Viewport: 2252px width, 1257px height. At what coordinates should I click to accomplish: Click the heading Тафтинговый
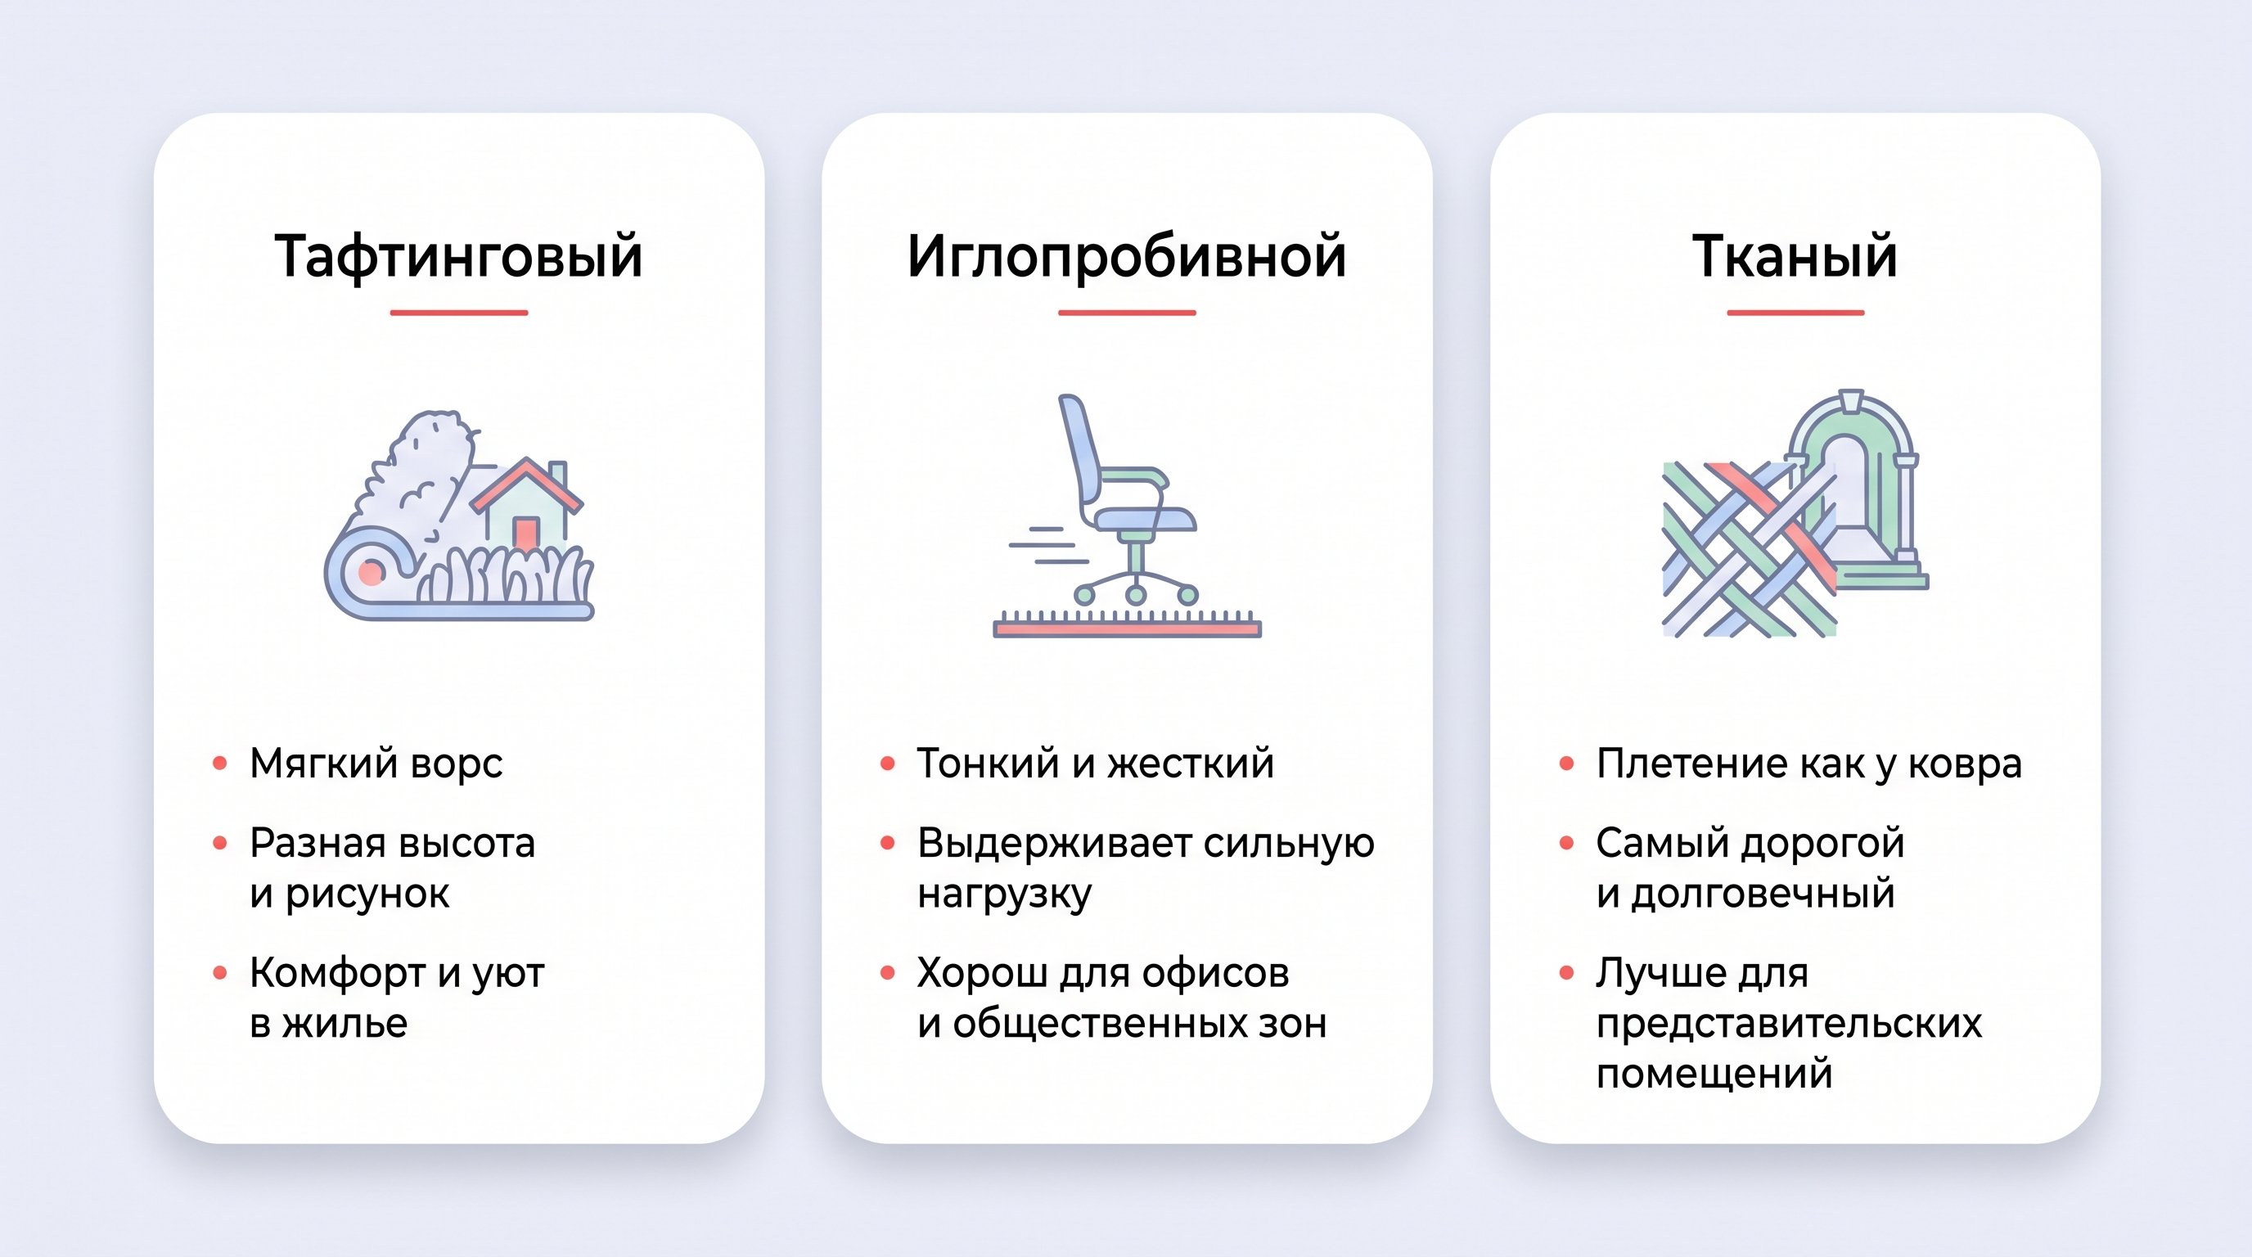point(458,256)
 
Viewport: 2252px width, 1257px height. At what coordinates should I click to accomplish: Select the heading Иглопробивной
point(1126,256)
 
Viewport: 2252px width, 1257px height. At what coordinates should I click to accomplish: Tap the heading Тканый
point(1795,256)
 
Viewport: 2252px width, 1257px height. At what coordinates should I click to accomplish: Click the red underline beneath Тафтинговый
point(458,312)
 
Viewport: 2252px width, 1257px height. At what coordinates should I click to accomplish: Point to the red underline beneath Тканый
point(1795,312)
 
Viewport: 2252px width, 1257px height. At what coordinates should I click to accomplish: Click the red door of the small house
point(525,533)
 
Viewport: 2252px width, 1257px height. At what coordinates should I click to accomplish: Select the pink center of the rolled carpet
point(372,574)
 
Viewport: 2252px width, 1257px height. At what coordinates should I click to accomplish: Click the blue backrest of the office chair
point(1079,446)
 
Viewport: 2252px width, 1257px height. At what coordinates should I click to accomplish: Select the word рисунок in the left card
point(367,894)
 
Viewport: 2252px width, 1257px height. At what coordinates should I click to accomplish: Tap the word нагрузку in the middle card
point(1005,894)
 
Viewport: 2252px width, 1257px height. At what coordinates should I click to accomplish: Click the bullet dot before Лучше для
point(1566,972)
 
